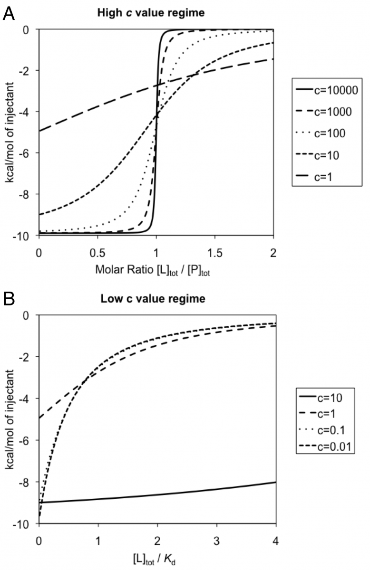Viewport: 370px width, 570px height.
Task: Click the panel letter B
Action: click(x=9, y=299)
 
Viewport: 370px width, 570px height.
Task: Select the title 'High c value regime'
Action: click(x=151, y=13)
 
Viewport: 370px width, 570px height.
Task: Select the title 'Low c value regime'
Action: click(x=153, y=299)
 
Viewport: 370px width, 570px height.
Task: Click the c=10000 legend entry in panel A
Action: click(x=327, y=90)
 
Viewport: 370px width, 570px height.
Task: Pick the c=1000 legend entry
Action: click(x=324, y=112)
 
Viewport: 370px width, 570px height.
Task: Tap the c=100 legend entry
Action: click(x=321, y=133)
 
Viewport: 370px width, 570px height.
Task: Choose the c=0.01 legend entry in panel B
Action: click(x=325, y=447)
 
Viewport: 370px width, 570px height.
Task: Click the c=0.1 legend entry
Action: click(x=322, y=430)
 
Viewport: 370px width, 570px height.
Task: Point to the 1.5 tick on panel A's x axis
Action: click(x=215, y=253)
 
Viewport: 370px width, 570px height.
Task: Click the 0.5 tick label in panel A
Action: click(x=97, y=253)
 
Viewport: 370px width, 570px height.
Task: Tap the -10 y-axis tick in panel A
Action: click(x=26, y=237)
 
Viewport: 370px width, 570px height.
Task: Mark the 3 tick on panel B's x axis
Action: click(x=216, y=541)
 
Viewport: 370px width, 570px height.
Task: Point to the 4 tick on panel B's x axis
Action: click(x=275, y=541)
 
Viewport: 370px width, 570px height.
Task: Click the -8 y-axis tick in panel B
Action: click(x=27, y=482)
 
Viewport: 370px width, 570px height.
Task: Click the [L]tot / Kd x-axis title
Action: click(x=154, y=560)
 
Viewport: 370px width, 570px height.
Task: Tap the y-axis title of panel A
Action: click(x=10, y=133)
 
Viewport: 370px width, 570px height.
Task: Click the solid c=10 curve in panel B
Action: click(x=157, y=494)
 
